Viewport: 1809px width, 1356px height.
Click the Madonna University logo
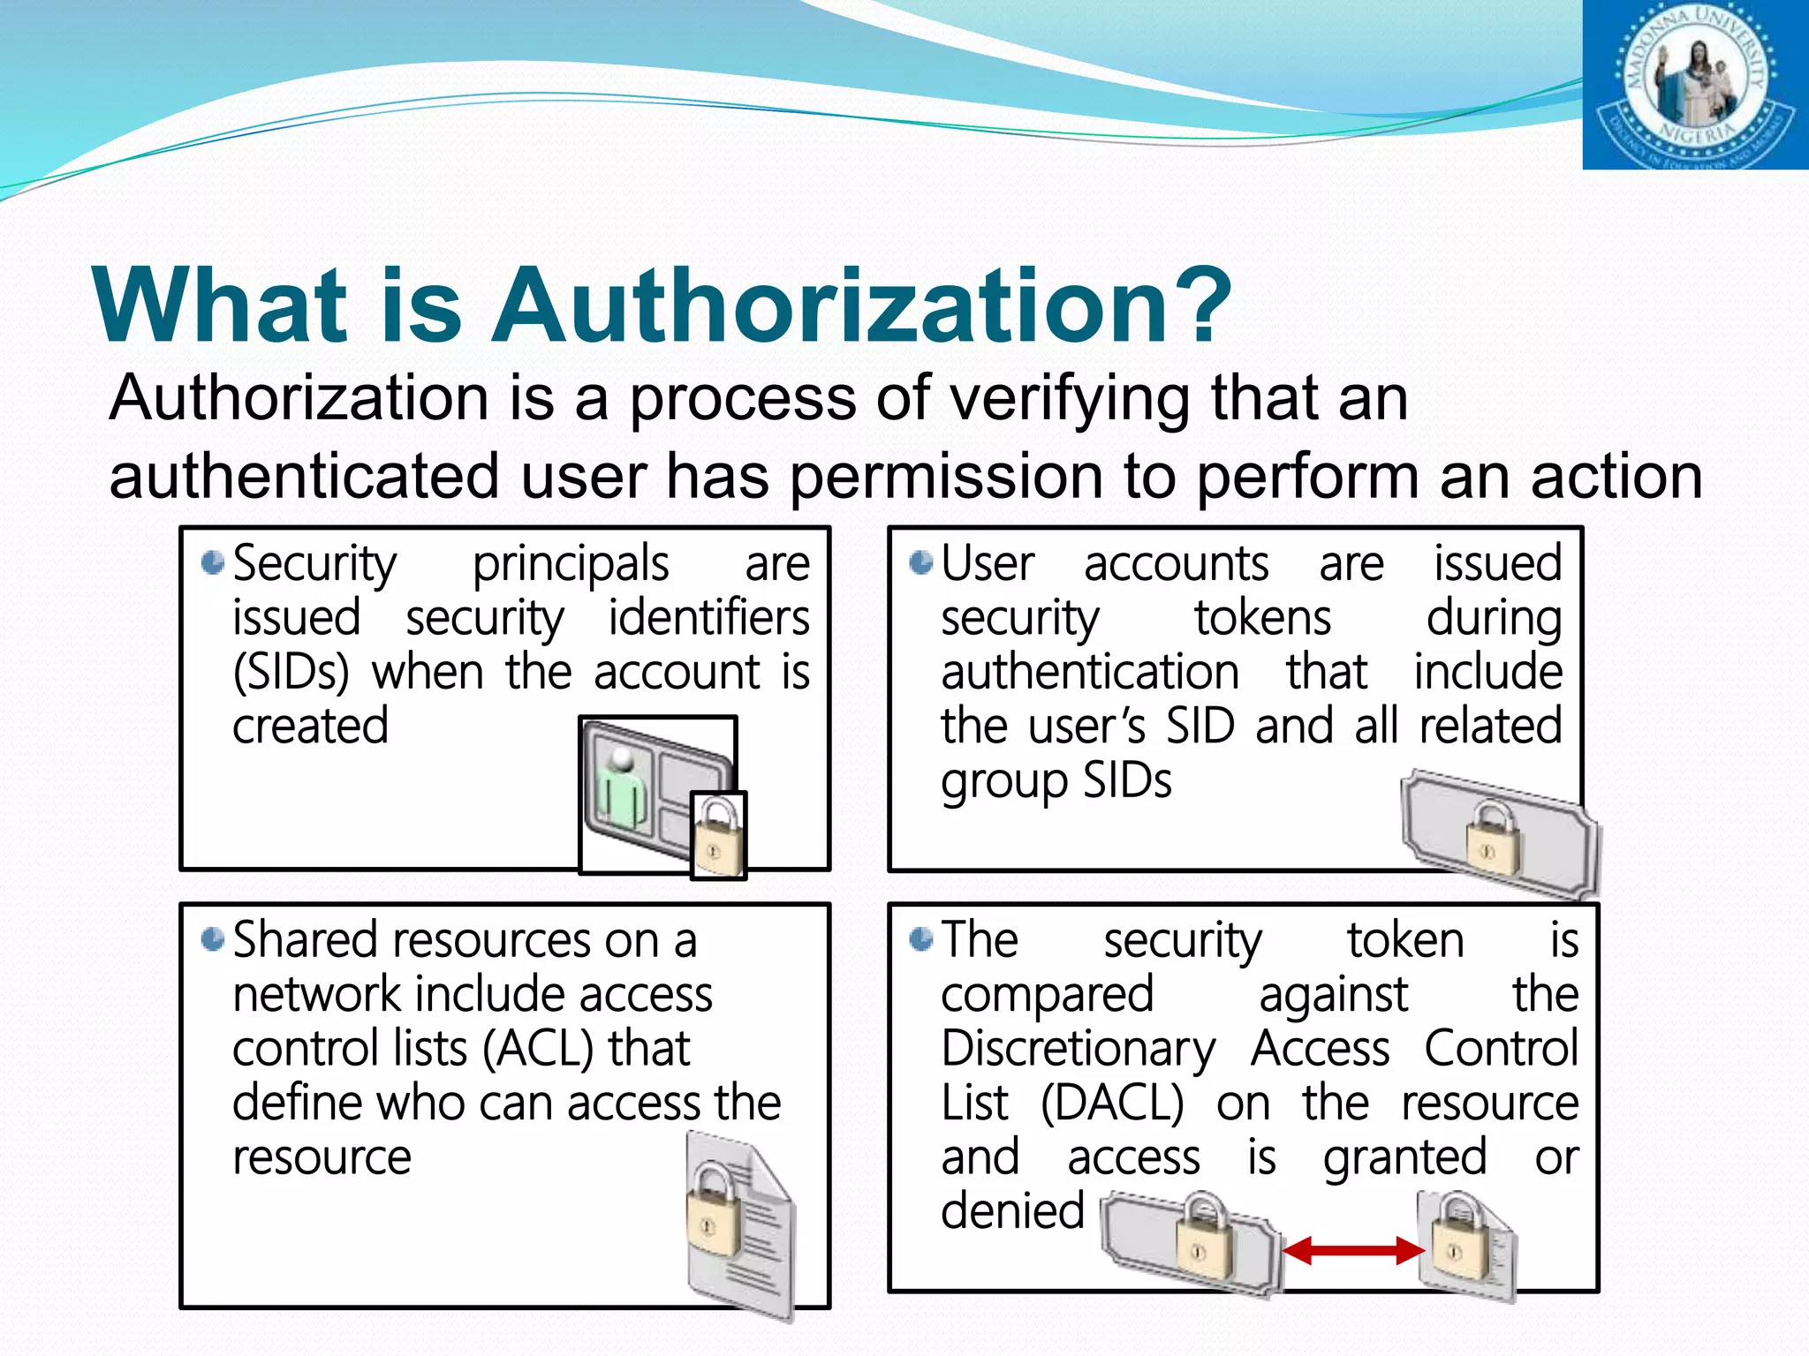(1695, 85)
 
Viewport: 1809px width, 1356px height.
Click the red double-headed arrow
(1353, 1250)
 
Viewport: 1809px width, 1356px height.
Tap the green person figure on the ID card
(622, 789)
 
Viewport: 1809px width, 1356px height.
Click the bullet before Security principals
(213, 562)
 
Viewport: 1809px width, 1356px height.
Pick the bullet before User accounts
(921, 562)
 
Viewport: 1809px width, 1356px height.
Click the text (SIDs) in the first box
(291, 673)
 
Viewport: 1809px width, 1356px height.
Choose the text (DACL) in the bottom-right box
(1112, 1104)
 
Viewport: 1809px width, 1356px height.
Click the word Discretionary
(1079, 1050)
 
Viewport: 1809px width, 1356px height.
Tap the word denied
(1012, 1211)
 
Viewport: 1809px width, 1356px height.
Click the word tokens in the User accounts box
(1262, 618)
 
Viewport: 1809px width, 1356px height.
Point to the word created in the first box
(310, 727)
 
